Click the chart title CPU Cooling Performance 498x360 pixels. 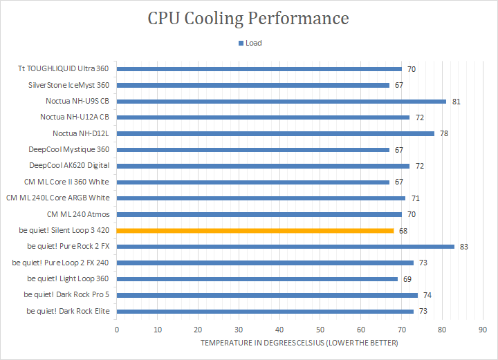248,18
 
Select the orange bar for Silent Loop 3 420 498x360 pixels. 255,230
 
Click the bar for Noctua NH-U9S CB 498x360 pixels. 282,101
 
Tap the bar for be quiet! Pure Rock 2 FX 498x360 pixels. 286,246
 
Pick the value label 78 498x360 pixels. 444,133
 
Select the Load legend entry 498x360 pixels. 250,43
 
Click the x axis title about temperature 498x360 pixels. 299,343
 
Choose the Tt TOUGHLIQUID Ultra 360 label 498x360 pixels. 64,69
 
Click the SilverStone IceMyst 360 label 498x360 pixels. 68,85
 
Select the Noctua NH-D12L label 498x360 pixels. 81,133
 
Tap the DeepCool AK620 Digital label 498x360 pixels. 69,166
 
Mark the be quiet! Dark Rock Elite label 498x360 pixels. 68,311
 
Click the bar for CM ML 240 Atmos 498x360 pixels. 259,214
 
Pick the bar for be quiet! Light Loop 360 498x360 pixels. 257,278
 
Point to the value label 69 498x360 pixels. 408,279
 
